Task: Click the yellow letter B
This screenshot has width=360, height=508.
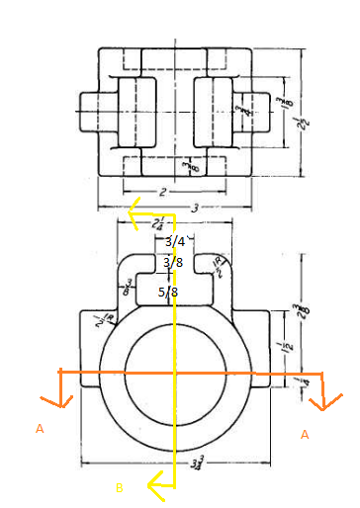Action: tap(119, 486)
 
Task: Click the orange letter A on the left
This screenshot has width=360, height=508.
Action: tap(40, 429)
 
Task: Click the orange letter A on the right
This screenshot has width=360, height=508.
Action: tap(304, 434)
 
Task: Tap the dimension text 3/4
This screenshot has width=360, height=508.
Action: tap(174, 241)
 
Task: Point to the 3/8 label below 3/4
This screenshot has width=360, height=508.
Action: tap(173, 263)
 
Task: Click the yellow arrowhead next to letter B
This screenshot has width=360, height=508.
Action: tap(152, 483)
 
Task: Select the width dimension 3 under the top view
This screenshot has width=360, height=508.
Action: tap(179, 209)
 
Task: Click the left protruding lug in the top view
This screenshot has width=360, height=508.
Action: tap(91, 105)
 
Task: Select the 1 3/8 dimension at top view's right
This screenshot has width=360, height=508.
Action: tap(280, 106)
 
